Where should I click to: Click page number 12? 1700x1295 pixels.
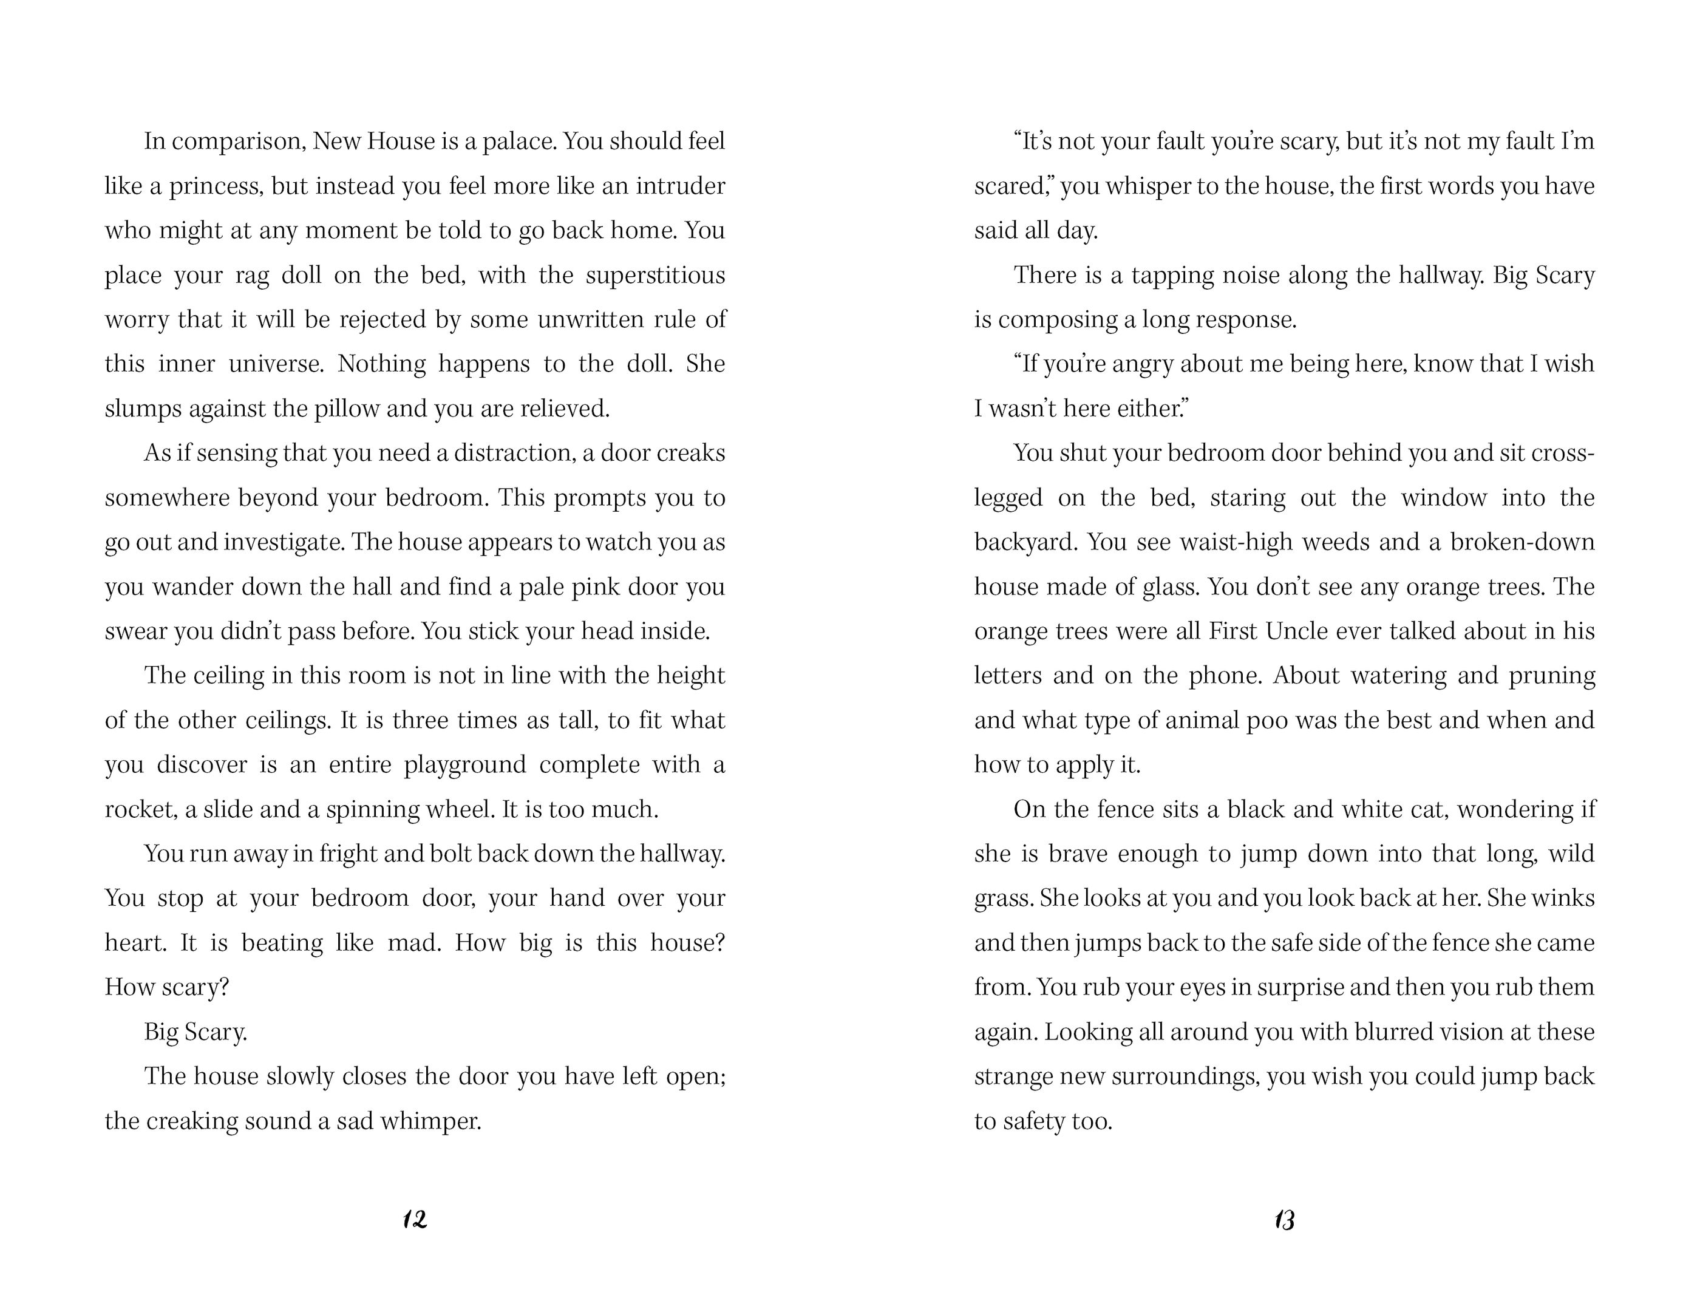pyautogui.click(x=415, y=1220)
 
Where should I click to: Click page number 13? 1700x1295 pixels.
pyautogui.click(x=1285, y=1220)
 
